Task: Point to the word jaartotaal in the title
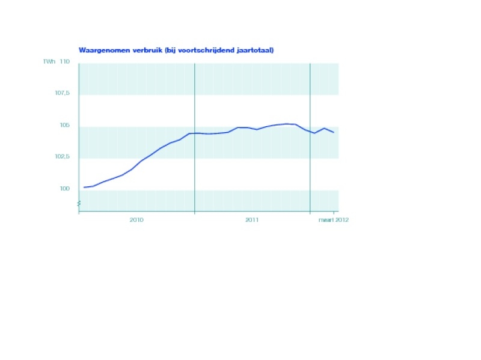point(255,50)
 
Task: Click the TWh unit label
point(49,62)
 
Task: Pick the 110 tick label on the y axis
point(65,62)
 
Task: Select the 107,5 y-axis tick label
point(63,93)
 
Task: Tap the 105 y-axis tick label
point(65,125)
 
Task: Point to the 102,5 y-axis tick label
point(63,157)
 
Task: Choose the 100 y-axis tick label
point(65,189)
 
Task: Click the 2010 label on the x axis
point(136,220)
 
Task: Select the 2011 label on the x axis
point(252,220)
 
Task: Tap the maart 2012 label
point(334,220)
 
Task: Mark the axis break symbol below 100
point(79,205)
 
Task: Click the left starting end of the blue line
point(84,187)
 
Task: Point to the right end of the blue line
point(334,132)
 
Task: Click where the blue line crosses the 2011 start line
point(195,133)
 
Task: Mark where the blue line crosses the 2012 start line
point(310,131)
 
